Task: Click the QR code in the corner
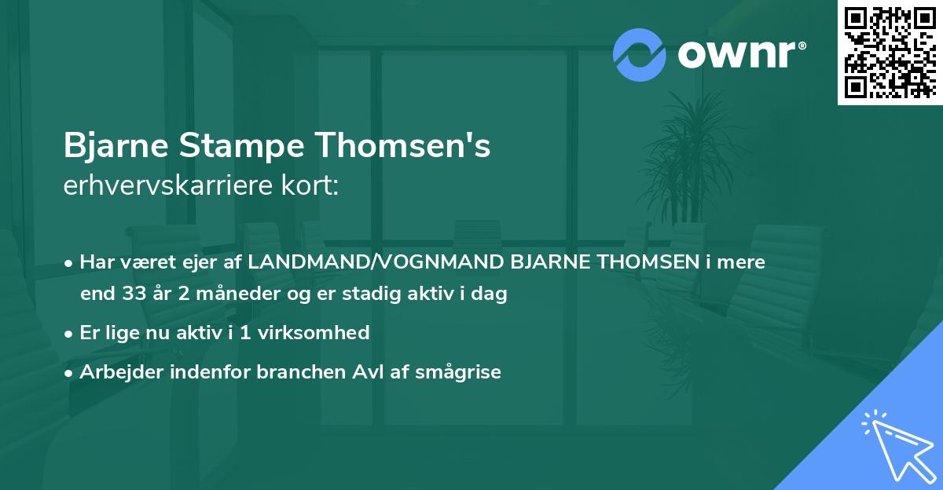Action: point(890,52)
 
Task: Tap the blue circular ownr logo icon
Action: point(640,55)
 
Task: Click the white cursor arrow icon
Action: point(896,444)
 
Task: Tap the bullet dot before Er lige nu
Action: point(70,334)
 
